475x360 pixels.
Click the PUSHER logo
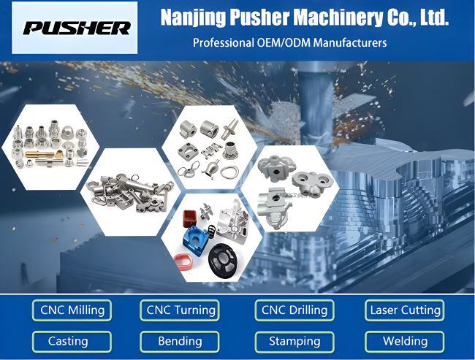tap(77, 28)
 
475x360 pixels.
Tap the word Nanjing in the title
tap(193, 18)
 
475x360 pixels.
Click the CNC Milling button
tap(72, 310)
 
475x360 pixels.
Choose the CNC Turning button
tap(180, 310)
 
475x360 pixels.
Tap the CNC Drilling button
tap(294, 310)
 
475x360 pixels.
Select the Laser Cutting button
tap(404, 310)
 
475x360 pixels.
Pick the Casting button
tap(72, 342)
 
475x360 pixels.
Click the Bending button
tap(180, 342)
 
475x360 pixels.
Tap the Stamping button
tap(294, 342)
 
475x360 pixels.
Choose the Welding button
tap(404, 342)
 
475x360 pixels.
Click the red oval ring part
tap(185, 261)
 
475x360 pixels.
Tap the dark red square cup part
tap(190, 218)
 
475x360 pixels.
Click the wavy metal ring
tap(229, 172)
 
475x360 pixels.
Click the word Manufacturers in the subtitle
tap(350, 42)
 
